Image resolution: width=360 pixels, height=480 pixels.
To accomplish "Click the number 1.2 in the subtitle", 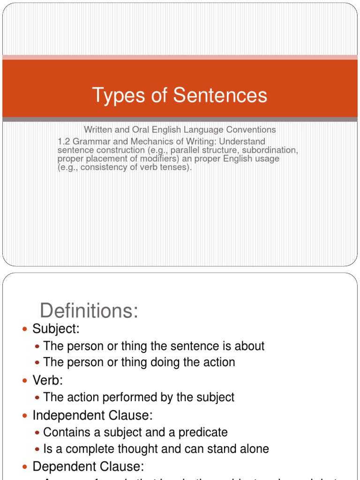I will [x=64, y=142].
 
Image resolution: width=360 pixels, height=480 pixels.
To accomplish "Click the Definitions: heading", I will [x=89, y=311].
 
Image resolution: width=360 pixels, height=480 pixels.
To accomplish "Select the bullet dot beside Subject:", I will [x=25, y=330].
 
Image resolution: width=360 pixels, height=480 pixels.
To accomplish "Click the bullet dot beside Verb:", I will [x=25, y=380].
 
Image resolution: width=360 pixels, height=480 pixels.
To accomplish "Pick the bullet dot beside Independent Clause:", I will [x=25, y=415].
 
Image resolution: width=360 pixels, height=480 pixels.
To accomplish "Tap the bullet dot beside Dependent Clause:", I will [x=25, y=467].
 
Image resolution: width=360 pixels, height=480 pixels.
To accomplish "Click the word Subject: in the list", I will [x=56, y=329].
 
